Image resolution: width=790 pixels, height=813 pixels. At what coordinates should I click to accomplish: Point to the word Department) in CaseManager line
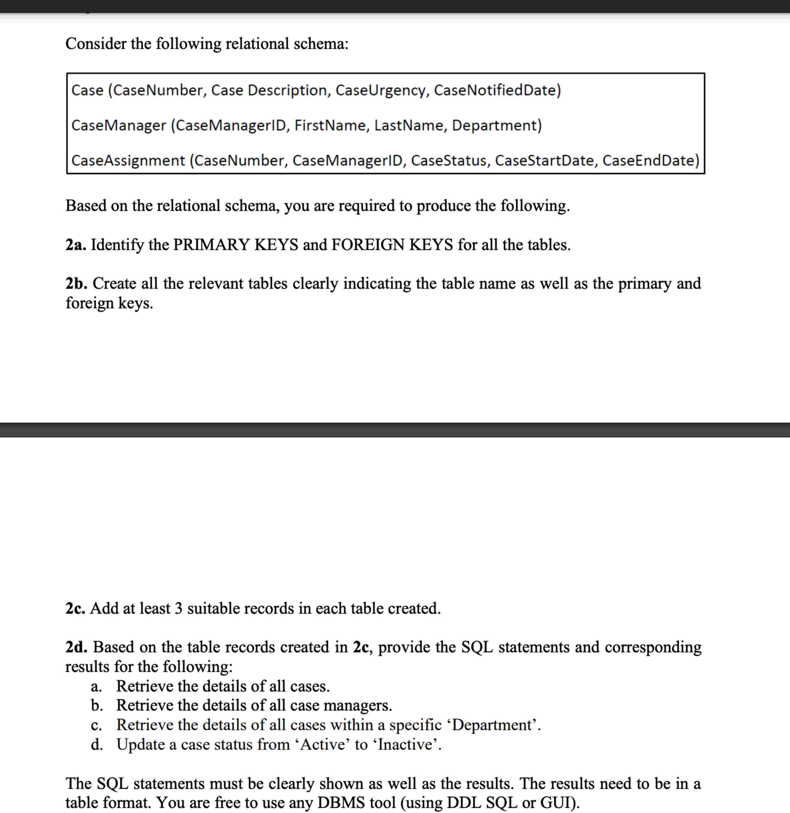pos(497,125)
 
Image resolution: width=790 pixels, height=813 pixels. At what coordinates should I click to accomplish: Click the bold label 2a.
pos(75,245)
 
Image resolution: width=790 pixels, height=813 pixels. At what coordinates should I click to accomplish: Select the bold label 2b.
pos(76,283)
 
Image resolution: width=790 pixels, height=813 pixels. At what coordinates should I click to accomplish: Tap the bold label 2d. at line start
pos(76,647)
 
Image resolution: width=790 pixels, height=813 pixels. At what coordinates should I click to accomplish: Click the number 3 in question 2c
pos(178,608)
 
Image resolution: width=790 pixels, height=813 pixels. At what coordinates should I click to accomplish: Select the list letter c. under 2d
pos(96,725)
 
